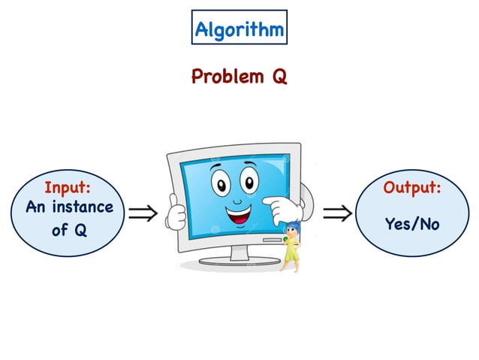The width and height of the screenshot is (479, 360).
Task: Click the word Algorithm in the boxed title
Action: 239,29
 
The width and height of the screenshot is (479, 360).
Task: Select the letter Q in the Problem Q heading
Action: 279,77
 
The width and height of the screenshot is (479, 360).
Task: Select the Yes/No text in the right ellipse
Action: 411,223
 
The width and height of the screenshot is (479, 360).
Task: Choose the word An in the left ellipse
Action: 37,207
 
